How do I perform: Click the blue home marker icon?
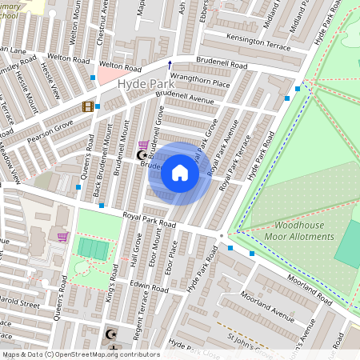[x=180, y=173]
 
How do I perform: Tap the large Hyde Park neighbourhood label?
[x=143, y=84]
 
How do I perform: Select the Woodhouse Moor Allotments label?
[x=301, y=231]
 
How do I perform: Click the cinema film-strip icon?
[x=86, y=106]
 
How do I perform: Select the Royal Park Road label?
[x=148, y=220]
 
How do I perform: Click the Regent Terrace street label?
[x=145, y=311]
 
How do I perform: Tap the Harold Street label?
[x=19, y=305]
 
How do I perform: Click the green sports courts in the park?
[x=94, y=249]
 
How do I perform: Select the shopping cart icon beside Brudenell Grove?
[x=143, y=143]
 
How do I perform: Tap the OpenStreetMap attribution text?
[x=80, y=354]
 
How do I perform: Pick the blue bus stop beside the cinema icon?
[x=98, y=106]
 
